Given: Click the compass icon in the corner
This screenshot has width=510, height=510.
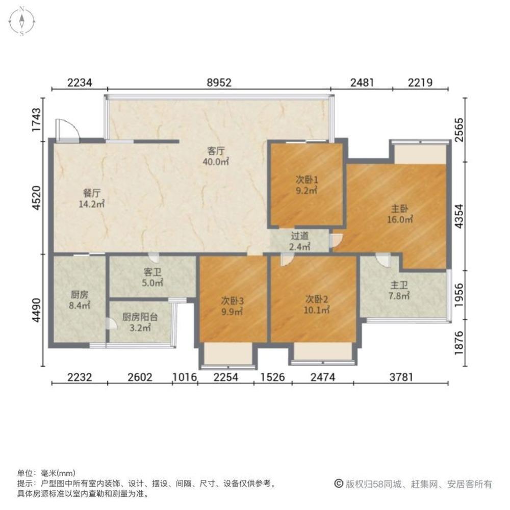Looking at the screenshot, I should [22, 21].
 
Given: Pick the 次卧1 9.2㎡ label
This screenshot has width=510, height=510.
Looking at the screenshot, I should [307, 185].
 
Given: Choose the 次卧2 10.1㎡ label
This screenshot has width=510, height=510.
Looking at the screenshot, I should [317, 304].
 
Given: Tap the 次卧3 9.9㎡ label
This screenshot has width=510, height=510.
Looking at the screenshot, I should [232, 306].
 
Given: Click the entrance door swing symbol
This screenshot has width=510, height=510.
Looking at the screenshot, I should [67, 130].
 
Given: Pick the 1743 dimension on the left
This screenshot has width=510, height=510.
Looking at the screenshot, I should [36, 120].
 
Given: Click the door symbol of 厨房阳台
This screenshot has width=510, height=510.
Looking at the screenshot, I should [111, 323].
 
